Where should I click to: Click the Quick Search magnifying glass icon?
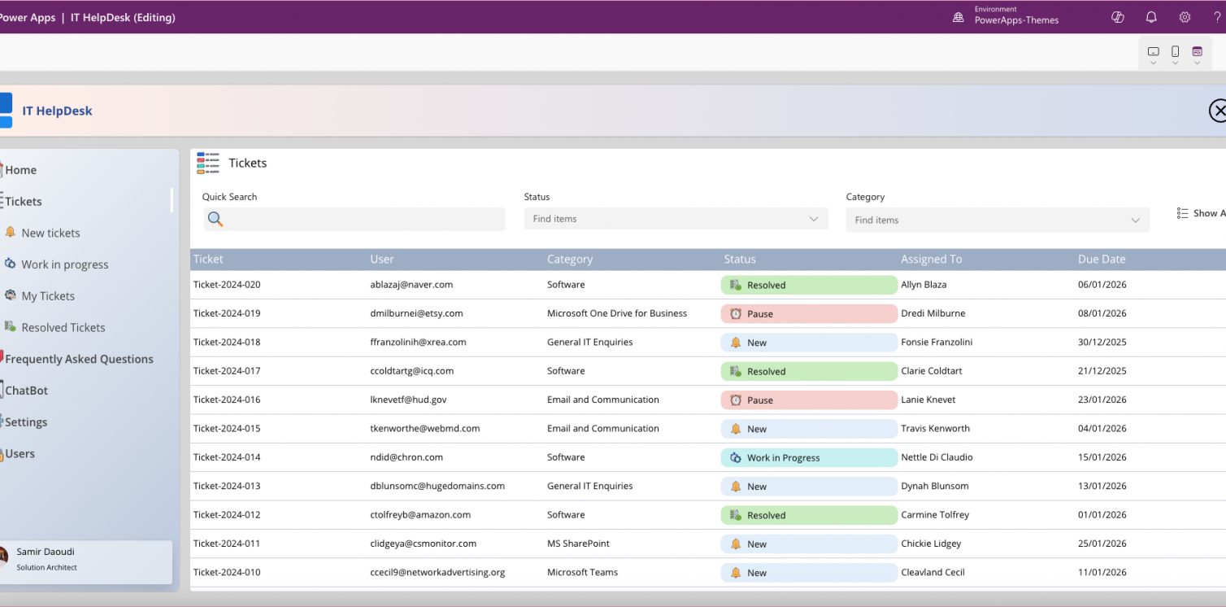click(215, 219)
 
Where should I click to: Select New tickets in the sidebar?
click(50, 233)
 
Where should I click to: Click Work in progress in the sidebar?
click(64, 264)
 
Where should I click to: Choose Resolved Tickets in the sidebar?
click(63, 328)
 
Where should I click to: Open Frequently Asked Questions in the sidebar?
click(79, 359)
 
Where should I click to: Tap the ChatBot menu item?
click(27, 391)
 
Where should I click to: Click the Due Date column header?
click(1102, 260)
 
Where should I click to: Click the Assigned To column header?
click(931, 260)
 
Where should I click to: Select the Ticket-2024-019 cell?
click(227, 313)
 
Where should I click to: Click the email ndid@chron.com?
click(406, 457)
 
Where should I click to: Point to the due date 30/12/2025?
click(1102, 343)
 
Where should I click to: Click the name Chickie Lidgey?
click(931, 544)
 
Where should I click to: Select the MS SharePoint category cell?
click(578, 544)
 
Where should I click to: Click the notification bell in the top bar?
click(1151, 17)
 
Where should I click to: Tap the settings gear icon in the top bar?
click(1185, 17)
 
